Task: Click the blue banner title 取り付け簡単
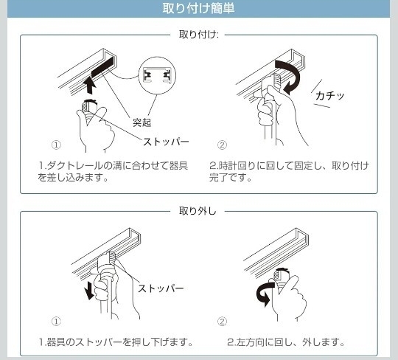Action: pyautogui.click(x=198, y=8)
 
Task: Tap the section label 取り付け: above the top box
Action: pyautogui.click(x=198, y=35)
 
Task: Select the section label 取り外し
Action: pyautogui.click(x=198, y=211)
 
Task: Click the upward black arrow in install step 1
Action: pyautogui.click(x=90, y=85)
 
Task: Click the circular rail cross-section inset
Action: pyautogui.click(x=157, y=75)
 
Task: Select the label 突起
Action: pyautogui.click(x=142, y=122)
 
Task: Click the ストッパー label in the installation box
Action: pyautogui.click(x=166, y=142)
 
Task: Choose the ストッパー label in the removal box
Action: pyautogui.click(x=161, y=288)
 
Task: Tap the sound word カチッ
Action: pyautogui.click(x=329, y=96)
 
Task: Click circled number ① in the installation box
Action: pyautogui.click(x=56, y=145)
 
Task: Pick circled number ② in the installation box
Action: pyautogui.click(x=222, y=145)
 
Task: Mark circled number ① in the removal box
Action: pyautogui.click(x=56, y=322)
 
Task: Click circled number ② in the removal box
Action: pyautogui.click(x=222, y=322)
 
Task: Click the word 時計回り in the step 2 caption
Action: pyautogui.click(x=237, y=166)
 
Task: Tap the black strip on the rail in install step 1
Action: pyautogui.click(x=102, y=68)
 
